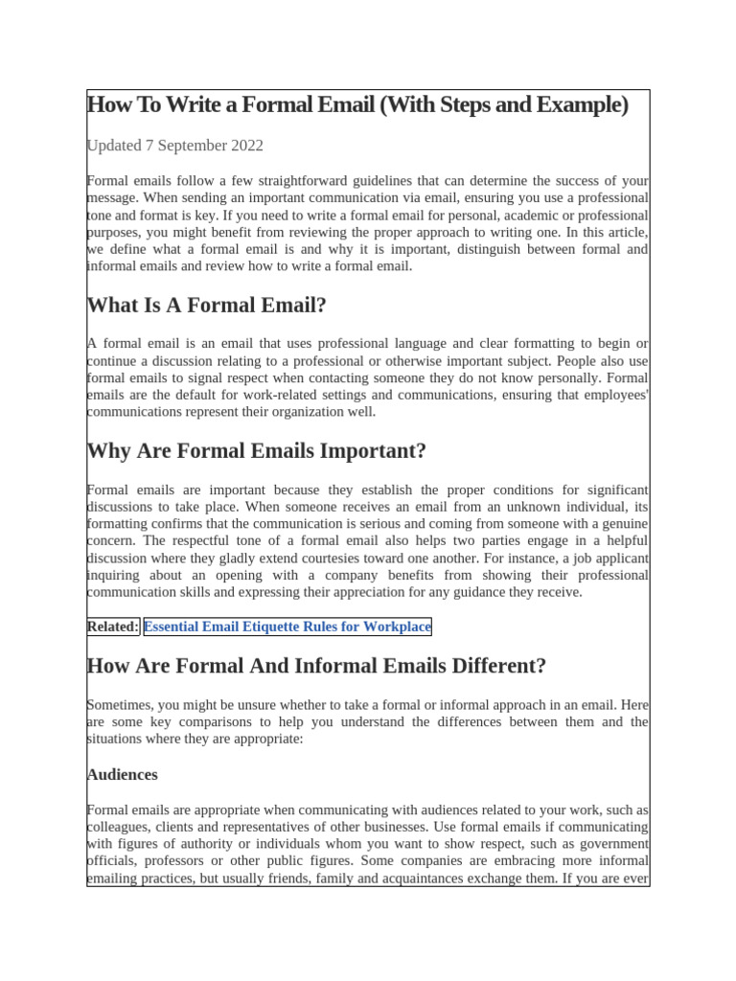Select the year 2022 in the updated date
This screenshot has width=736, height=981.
[x=244, y=146]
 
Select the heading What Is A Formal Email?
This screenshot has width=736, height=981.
[x=207, y=306]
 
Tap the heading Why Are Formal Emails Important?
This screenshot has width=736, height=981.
[x=256, y=450]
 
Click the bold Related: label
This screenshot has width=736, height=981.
[x=113, y=627]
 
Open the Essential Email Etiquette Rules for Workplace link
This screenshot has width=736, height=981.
[x=287, y=627]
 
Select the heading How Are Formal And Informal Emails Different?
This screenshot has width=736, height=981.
[x=316, y=666]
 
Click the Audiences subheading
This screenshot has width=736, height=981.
[x=123, y=774]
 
